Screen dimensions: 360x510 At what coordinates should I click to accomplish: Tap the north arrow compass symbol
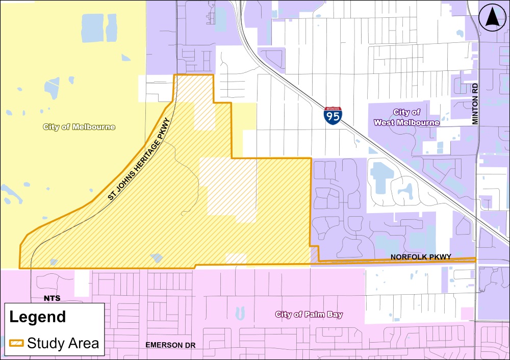pyautogui.click(x=492, y=18)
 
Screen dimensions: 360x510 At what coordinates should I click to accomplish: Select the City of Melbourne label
pyautogui.click(x=79, y=127)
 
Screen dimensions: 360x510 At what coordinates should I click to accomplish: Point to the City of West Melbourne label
pyautogui.click(x=406, y=117)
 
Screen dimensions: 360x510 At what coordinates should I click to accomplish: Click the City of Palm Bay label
pyautogui.click(x=309, y=314)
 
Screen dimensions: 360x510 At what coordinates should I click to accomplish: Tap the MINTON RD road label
pyautogui.click(x=476, y=104)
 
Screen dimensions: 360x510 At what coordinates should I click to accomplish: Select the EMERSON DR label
pyautogui.click(x=170, y=345)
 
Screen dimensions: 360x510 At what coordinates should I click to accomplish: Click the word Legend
pyautogui.click(x=38, y=317)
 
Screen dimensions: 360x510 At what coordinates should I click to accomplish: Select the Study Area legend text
pyautogui.click(x=63, y=343)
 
